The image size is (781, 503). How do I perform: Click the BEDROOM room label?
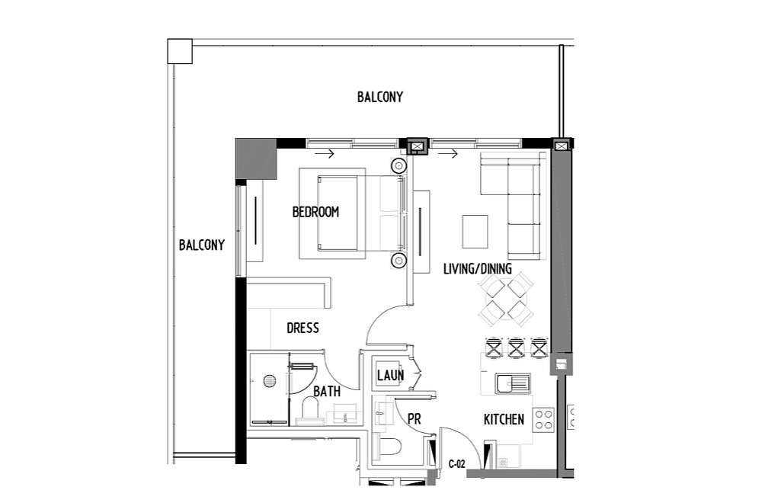pyautogui.click(x=315, y=212)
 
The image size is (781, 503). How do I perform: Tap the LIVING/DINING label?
pyautogui.click(x=477, y=269)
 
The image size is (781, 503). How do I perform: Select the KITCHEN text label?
pyautogui.click(x=504, y=419)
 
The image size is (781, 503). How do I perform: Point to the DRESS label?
pyautogui.click(x=302, y=328)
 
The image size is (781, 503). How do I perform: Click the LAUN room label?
pyautogui.click(x=390, y=376)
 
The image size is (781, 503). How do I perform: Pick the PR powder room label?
pyautogui.click(x=414, y=419)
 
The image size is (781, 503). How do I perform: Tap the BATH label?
pyautogui.click(x=327, y=392)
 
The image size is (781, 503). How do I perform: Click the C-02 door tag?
pyautogui.click(x=456, y=464)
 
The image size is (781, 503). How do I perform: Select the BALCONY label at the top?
pyautogui.click(x=380, y=97)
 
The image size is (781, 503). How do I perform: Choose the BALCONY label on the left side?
pyautogui.click(x=202, y=245)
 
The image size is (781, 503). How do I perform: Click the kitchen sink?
pyautogui.click(x=513, y=383)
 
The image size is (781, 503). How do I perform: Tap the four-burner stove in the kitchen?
pyautogui.click(x=543, y=419)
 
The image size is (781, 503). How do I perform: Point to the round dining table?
pyautogui.click(x=506, y=300)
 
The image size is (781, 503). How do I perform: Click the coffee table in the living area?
pyautogui.click(x=475, y=232)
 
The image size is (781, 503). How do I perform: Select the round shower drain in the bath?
pyautogui.click(x=270, y=381)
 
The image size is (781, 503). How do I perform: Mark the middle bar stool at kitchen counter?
pyautogui.click(x=516, y=348)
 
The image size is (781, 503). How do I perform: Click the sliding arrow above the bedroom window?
pyautogui.click(x=325, y=155)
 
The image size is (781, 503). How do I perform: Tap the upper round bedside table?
pyautogui.click(x=399, y=165)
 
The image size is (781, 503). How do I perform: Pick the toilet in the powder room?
pyautogui.click(x=389, y=447)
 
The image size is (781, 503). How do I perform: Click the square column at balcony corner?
pyautogui.click(x=180, y=51)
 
